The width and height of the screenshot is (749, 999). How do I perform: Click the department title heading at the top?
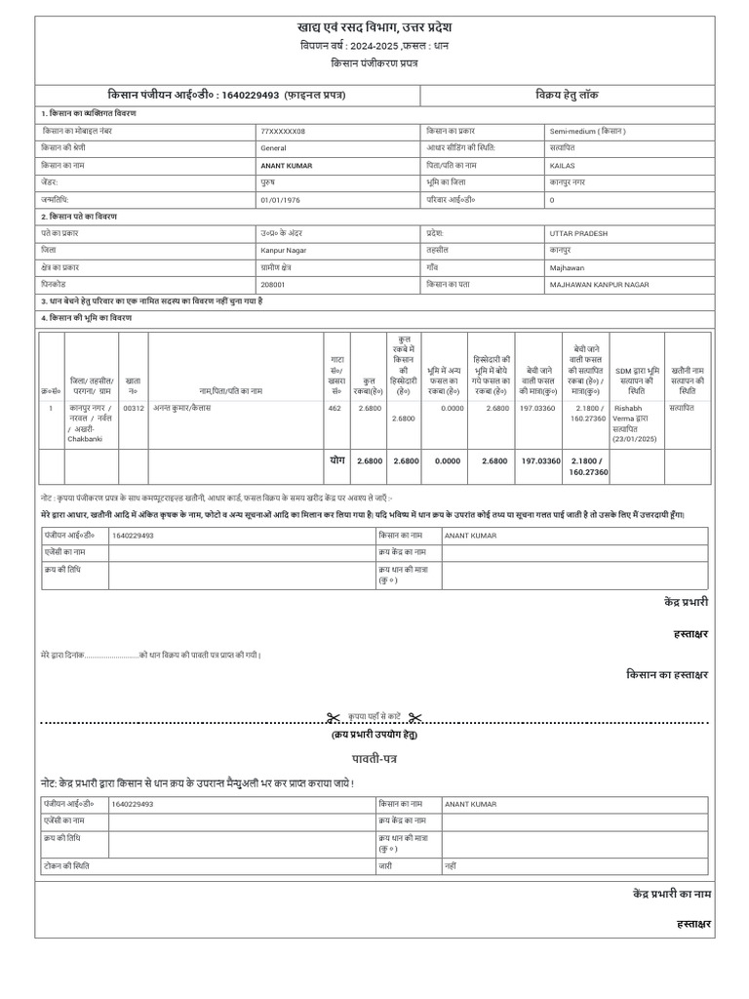374,26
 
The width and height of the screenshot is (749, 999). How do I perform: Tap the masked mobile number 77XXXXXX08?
283,131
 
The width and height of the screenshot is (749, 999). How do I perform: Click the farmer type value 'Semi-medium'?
586,131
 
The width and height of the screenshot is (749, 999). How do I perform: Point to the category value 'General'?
273,148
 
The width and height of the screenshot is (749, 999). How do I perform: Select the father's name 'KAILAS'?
563,166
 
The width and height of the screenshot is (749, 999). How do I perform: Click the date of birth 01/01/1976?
282,199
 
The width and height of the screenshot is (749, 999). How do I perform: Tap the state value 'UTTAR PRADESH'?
578,233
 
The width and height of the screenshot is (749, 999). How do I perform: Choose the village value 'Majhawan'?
567,266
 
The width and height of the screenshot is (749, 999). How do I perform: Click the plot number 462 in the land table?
335,408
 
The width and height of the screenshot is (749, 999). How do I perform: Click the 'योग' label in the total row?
336,460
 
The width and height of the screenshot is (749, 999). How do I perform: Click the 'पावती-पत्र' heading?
374,757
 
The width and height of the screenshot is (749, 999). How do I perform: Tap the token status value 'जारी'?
385,865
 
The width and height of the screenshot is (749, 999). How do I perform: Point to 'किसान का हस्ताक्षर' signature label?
666,674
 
